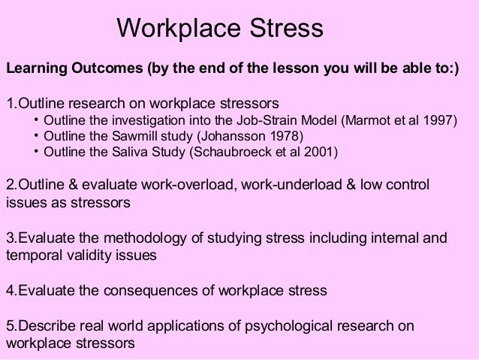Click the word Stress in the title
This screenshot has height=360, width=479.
click(285, 30)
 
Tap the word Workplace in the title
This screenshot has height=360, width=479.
click(176, 30)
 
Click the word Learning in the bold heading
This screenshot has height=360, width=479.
click(35, 70)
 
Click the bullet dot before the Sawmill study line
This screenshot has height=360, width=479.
click(36, 136)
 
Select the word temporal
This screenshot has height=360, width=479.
click(33, 255)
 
